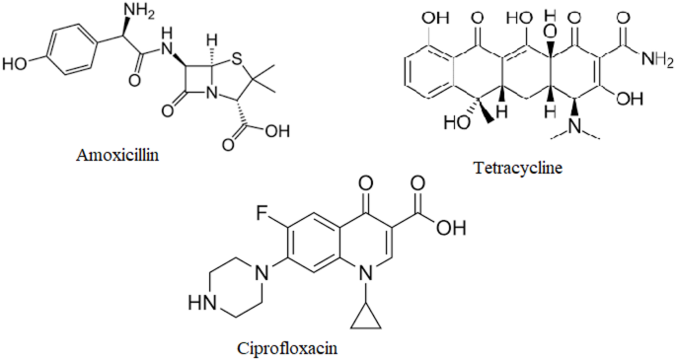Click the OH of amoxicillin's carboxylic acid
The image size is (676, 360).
pyautogui.click(x=281, y=129)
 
